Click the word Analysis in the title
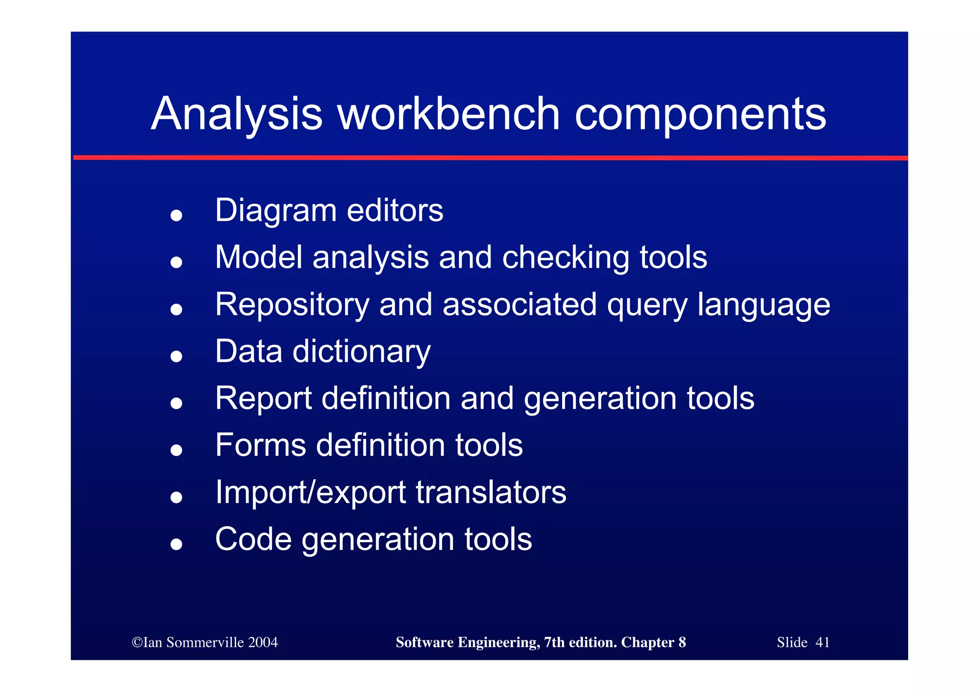tap(237, 115)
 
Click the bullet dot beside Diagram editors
tap(176, 215)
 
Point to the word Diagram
tap(276, 211)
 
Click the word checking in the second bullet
tap(566, 258)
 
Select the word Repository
tap(292, 305)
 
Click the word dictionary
tap(361, 351)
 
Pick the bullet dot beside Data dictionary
tap(176, 356)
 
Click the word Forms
tap(260, 445)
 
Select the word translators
tap(491, 492)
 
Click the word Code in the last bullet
tap(253, 539)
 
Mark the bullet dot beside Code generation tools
tap(176, 544)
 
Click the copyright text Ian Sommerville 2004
tap(205, 642)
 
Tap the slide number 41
tap(822, 642)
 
